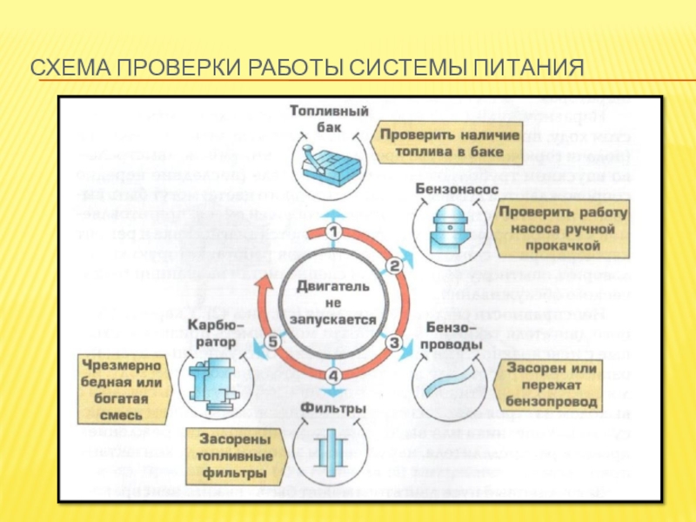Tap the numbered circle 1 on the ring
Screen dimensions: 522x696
[333, 232]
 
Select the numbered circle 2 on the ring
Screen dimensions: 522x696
[393, 265]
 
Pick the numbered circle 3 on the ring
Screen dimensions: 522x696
[393, 342]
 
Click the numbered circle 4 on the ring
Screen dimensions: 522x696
[333, 376]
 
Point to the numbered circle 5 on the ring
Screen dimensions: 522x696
[273, 342]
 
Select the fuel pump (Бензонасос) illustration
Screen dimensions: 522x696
[450, 229]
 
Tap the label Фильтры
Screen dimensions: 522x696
[331, 405]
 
